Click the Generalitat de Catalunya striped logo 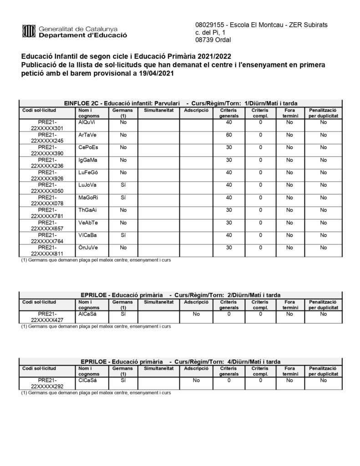[29, 31]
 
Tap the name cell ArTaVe [87, 135]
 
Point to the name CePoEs [88, 147]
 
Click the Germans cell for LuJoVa [122, 185]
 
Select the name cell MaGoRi [88, 198]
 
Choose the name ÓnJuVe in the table [88, 248]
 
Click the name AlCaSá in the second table [87, 314]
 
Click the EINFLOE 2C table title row [180, 103]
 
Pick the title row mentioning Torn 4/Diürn [180, 361]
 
